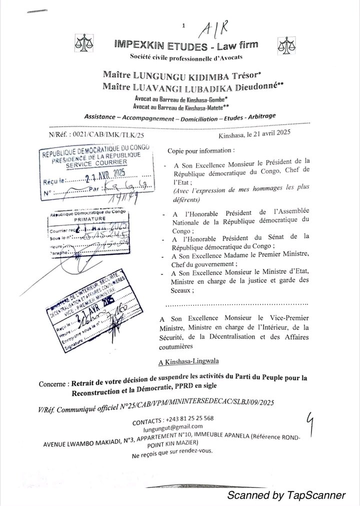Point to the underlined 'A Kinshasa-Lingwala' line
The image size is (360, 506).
181,361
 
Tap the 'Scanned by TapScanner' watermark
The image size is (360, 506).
286,495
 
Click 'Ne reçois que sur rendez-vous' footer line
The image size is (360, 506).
173,450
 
